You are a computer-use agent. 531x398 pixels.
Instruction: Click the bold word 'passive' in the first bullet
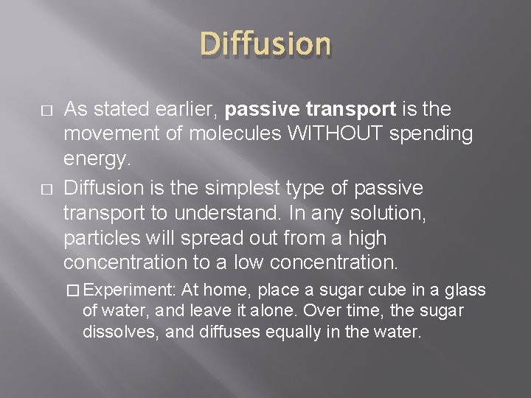(x=263, y=110)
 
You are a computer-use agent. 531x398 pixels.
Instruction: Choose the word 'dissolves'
(x=121, y=332)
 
